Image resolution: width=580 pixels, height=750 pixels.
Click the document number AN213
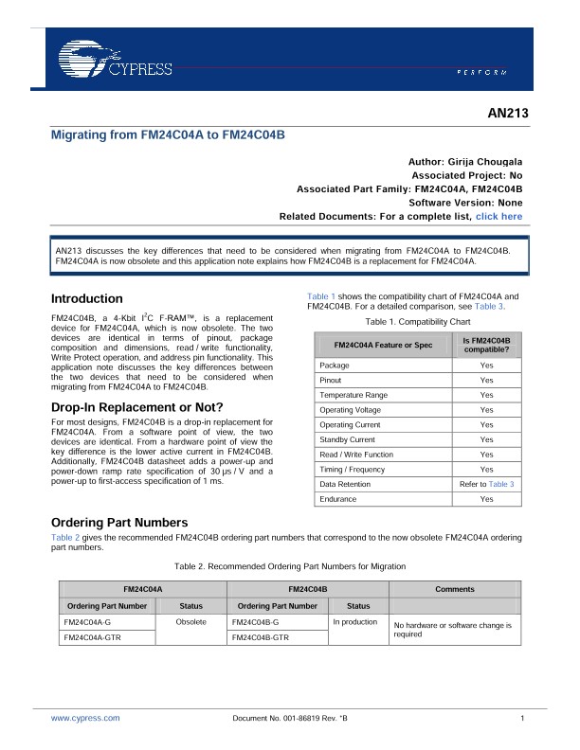pyautogui.click(x=504, y=115)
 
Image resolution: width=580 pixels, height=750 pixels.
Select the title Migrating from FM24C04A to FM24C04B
pyautogui.click(x=168, y=135)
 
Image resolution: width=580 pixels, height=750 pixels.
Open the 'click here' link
pyautogui.click(x=498, y=217)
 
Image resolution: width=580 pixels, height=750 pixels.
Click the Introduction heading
pyautogui.click(x=86, y=298)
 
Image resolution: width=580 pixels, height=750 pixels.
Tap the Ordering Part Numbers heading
pyautogui.click(x=118, y=523)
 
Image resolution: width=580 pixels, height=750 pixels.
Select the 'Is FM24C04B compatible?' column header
pyautogui.click(x=486, y=345)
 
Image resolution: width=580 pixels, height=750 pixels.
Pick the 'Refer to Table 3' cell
pyautogui.click(x=486, y=484)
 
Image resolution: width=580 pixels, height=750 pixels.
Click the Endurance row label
pyautogui.click(x=338, y=499)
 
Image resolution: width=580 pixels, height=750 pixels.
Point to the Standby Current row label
pyautogui.click(x=348, y=439)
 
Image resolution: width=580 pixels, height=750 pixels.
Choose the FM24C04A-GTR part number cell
pyautogui.click(x=93, y=638)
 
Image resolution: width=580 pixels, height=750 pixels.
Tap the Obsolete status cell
pyautogui.click(x=191, y=622)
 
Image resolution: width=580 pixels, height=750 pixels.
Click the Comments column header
pyautogui.click(x=455, y=589)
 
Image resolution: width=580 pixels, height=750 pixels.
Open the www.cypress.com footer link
pyautogui.click(x=85, y=720)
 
